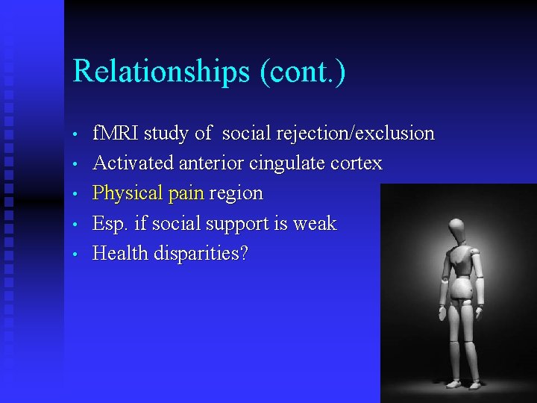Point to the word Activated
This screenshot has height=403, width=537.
(x=131, y=163)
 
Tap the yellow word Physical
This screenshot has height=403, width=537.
(x=128, y=194)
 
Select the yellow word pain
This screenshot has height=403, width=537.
(x=186, y=194)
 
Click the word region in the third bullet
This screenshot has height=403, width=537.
(x=236, y=194)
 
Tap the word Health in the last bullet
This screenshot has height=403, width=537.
(x=120, y=254)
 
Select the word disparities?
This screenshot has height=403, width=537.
(x=201, y=254)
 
